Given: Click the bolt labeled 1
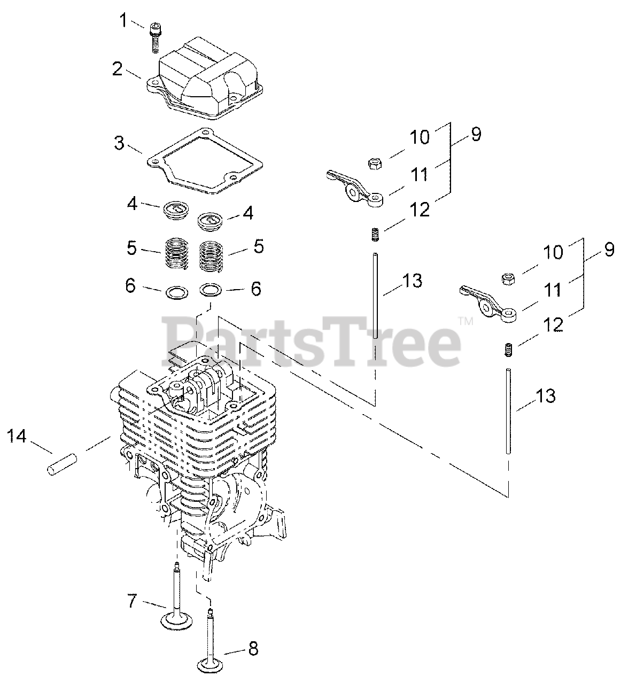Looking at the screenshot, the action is click(x=154, y=37).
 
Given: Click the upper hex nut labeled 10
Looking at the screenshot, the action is click(x=375, y=163).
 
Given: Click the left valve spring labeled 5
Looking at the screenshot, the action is click(x=176, y=253).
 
